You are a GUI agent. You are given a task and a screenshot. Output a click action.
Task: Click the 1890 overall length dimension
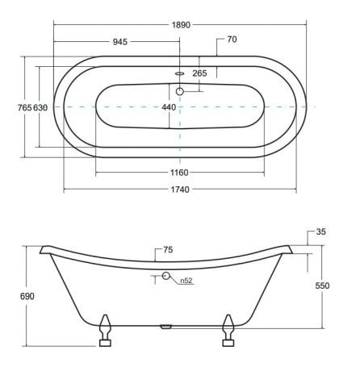(x=181, y=25)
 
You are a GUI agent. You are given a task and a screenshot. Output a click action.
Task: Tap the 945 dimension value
(x=120, y=42)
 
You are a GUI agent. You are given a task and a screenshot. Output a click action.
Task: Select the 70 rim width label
(x=232, y=40)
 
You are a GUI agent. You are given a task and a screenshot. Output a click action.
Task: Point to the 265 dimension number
(x=199, y=73)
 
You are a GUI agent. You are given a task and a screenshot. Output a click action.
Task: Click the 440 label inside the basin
(x=169, y=107)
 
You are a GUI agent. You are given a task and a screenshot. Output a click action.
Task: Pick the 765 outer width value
(x=25, y=107)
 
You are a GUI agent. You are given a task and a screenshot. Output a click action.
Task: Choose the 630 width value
(x=40, y=107)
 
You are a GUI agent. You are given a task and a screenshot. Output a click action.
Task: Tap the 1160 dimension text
(x=179, y=173)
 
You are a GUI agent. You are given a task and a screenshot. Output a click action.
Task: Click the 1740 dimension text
(x=180, y=190)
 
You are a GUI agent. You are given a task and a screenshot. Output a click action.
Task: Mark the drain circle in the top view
(x=180, y=92)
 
